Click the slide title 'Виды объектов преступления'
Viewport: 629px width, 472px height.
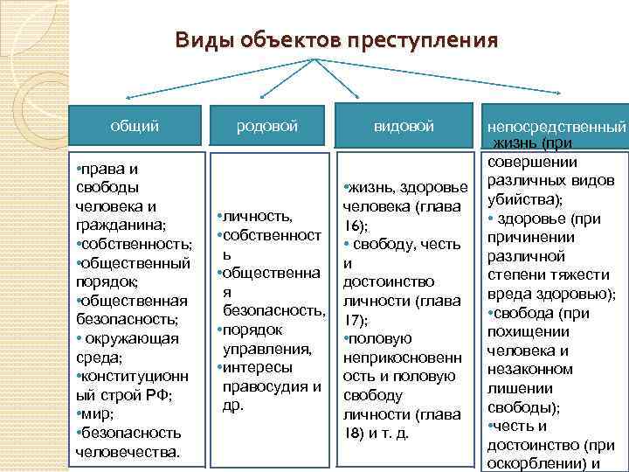pos(336,40)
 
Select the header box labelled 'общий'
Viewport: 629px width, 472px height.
pos(135,127)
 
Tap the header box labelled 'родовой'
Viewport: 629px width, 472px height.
pos(267,127)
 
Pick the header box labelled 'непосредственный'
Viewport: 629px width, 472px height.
pos(556,128)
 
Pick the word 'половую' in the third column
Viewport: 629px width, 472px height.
pos(382,338)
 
